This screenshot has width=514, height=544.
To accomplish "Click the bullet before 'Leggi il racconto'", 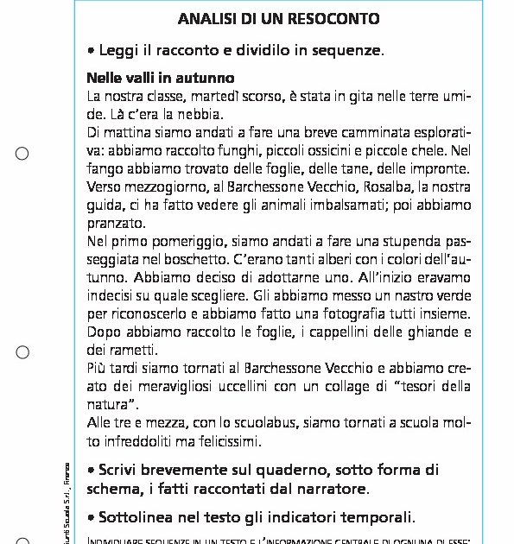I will point(92,51).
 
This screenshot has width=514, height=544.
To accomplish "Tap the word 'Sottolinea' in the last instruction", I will point(143,518).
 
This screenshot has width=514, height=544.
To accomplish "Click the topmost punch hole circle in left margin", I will point(22,154).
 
